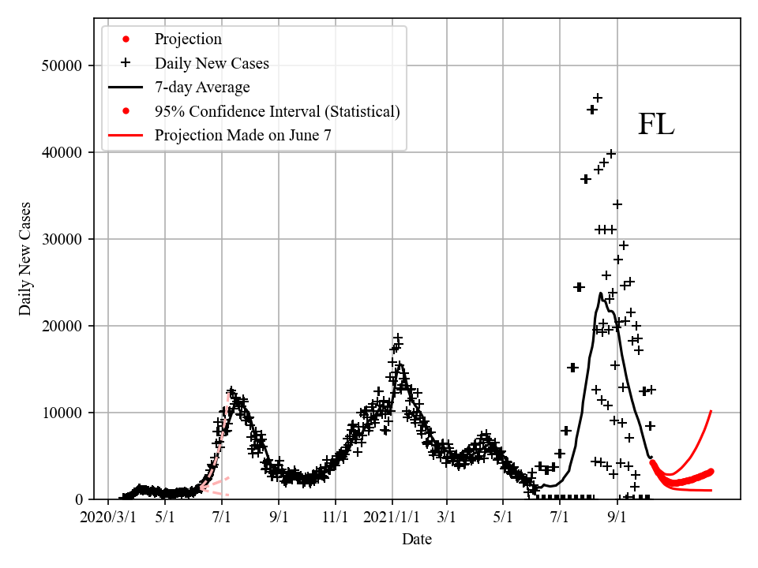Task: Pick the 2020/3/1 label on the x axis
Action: (109, 518)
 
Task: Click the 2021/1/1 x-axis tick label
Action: (392, 518)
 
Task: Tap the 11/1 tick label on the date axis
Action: (335, 518)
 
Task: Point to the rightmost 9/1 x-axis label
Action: (617, 518)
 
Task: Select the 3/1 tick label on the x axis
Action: (447, 518)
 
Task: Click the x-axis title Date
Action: (416, 540)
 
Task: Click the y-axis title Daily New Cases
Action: (25, 259)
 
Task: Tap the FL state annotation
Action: (655, 125)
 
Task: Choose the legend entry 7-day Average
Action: (202, 87)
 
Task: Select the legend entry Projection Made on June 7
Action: (242, 135)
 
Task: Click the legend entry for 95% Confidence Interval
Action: (276, 111)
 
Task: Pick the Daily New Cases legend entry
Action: (211, 63)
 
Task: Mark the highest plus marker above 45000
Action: (598, 98)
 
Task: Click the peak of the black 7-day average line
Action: (601, 294)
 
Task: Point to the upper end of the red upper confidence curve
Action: (711, 411)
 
